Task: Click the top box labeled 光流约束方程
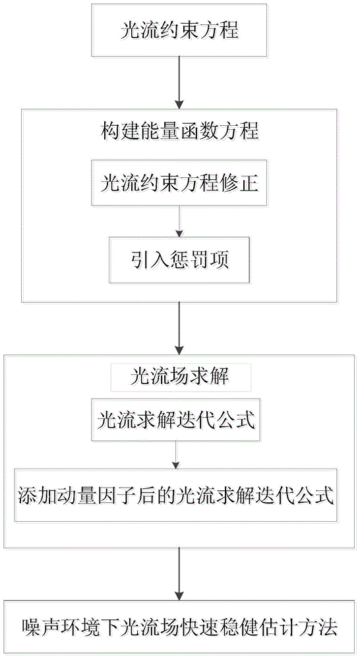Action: [179, 30]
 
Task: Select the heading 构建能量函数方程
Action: [179, 132]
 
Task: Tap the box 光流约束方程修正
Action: [179, 183]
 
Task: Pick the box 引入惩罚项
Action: [179, 260]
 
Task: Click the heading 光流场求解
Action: [179, 376]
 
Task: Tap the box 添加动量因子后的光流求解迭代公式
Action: [176, 494]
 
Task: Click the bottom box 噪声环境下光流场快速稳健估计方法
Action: [179, 628]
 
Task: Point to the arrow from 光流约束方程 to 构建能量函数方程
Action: [179, 82]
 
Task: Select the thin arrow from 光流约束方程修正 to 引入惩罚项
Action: [179, 221]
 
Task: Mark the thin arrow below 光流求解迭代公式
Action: [176, 454]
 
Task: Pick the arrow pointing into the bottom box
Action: [179, 575]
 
